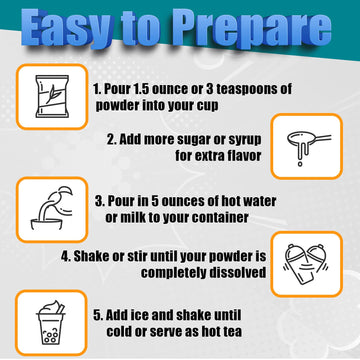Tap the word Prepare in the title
(x=247, y=29)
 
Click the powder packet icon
(x=52, y=96)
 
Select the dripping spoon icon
(x=308, y=147)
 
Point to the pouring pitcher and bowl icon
(x=52, y=208)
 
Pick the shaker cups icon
(x=306, y=264)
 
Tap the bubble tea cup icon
(x=51, y=323)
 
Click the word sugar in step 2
(x=196, y=140)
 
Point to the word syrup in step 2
(x=245, y=140)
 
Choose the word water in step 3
(x=258, y=201)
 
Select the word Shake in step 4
(x=91, y=256)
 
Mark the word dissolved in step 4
(x=238, y=272)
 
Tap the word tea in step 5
(x=232, y=331)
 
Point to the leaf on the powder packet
(x=51, y=94)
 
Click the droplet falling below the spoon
(x=300, y=164)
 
